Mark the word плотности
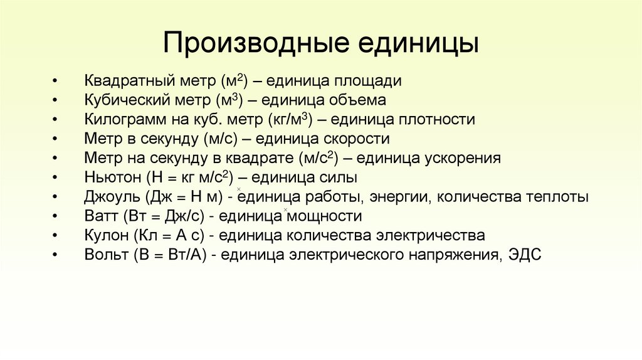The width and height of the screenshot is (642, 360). click(x=438, y=120)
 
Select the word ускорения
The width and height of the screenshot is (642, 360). click(x=463, y=159)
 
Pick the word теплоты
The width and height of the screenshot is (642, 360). click(x=557, y=197)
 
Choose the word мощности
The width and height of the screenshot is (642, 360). click(x=324, y=216)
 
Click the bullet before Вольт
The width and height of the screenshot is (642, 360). click(x=56, y=255)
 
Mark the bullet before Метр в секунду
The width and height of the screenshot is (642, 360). click(x=56, y=139)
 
